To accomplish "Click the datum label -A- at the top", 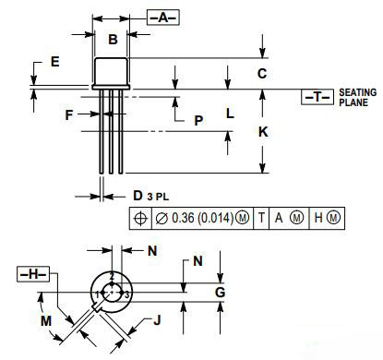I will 163,18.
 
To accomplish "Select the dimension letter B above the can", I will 113,39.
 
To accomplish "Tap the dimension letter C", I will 262,73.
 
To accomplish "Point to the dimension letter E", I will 55,62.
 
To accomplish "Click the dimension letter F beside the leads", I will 69,115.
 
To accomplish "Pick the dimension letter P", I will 197,121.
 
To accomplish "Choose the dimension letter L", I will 230,114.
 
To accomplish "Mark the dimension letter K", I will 263,132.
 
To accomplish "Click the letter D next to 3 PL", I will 138,196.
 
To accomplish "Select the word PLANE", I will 353,103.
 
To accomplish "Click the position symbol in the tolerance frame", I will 140,218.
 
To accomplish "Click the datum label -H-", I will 33,275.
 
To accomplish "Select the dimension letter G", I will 220,293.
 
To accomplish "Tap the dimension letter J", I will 158,322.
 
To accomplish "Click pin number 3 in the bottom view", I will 126,294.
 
